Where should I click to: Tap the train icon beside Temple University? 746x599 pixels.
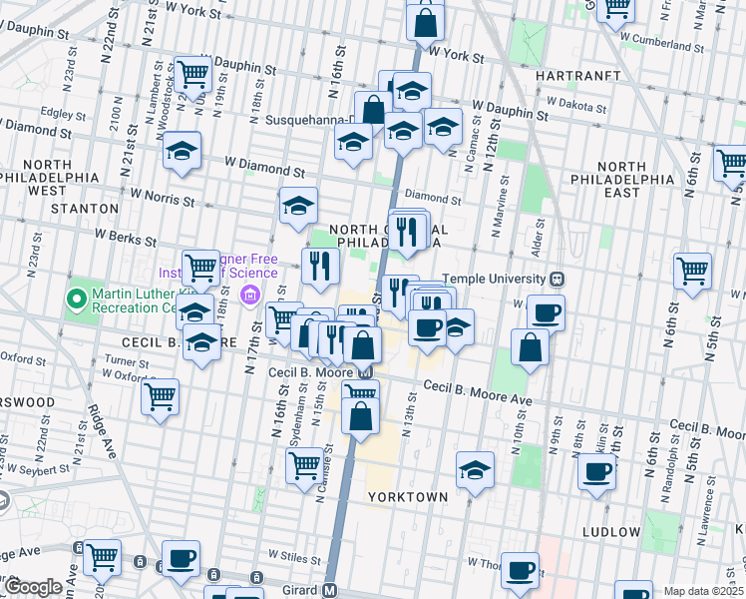[x=559, y=279]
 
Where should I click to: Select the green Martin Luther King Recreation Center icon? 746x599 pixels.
[x=75, y=299]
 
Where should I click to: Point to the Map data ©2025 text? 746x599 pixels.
[x=702, y=591]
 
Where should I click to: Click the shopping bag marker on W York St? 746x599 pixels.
[x=425, y=23]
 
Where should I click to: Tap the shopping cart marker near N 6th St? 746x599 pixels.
[x=692, y=270]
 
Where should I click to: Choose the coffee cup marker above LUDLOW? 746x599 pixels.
[x=597, y=471]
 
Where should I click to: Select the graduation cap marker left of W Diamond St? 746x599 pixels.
[x=183, y=151]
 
